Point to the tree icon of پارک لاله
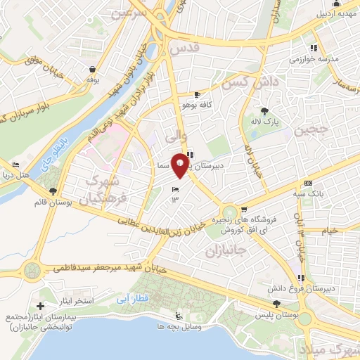pyautogui.click(x=264, y=111)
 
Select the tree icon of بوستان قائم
pyautogui.click(x=53, y=191)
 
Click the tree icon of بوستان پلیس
pyautogui.click(x=276, y=304)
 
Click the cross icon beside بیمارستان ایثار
pyautogui.click(x=40, y=306)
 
